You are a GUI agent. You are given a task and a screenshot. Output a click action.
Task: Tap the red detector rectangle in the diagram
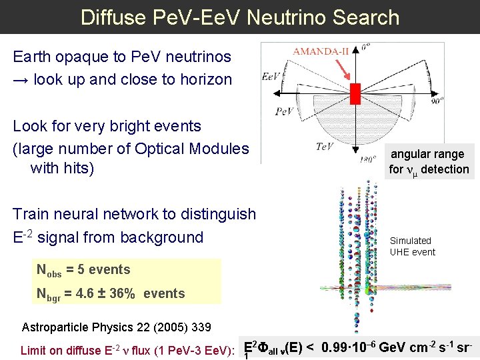click(x=355, y=93)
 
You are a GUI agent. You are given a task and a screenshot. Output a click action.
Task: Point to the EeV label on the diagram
click(x=271, y=77)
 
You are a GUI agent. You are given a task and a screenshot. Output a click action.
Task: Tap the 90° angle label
click(x=437, y=103)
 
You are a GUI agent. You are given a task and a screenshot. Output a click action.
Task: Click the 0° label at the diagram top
click(x=365, y=47)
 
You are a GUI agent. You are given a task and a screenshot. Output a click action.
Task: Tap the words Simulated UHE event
click(x=412, y=246)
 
